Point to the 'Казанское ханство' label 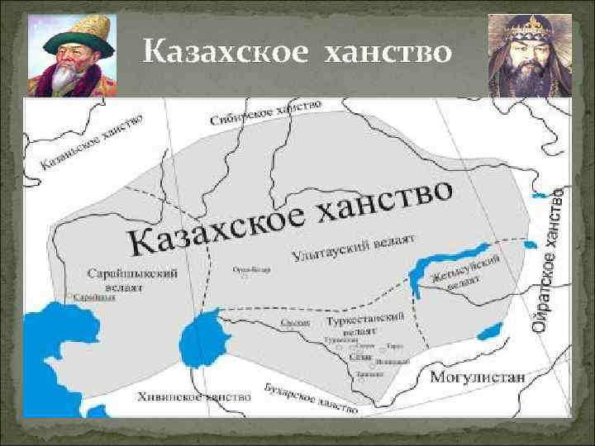point(91,142)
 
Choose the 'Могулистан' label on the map point(478,377)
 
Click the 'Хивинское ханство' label point(195,396)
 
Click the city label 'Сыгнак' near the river point(289,322)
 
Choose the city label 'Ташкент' point(364,373)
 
